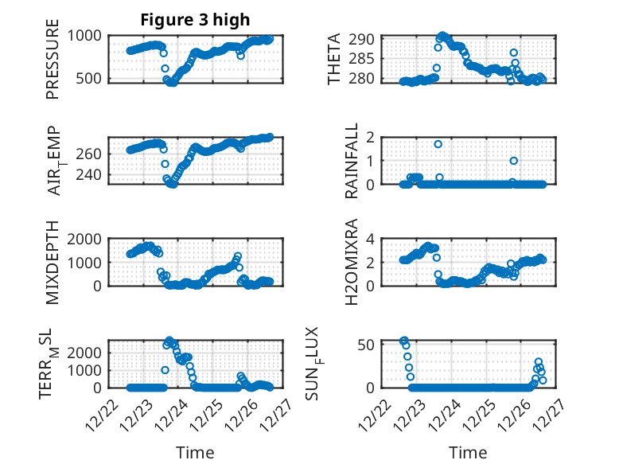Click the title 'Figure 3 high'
coord(195,20)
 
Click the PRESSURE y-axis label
coord(53,64)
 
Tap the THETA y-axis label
coord(335,60)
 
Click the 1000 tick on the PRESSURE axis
coord(87,35)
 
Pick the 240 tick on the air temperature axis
coord(89,176)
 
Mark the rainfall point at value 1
coord(514,161)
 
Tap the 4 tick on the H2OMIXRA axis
coord(370,238)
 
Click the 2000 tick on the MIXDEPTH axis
coord(87,238)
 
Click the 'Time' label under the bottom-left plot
coord(195,452)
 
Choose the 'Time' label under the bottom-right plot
coord(468,452)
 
